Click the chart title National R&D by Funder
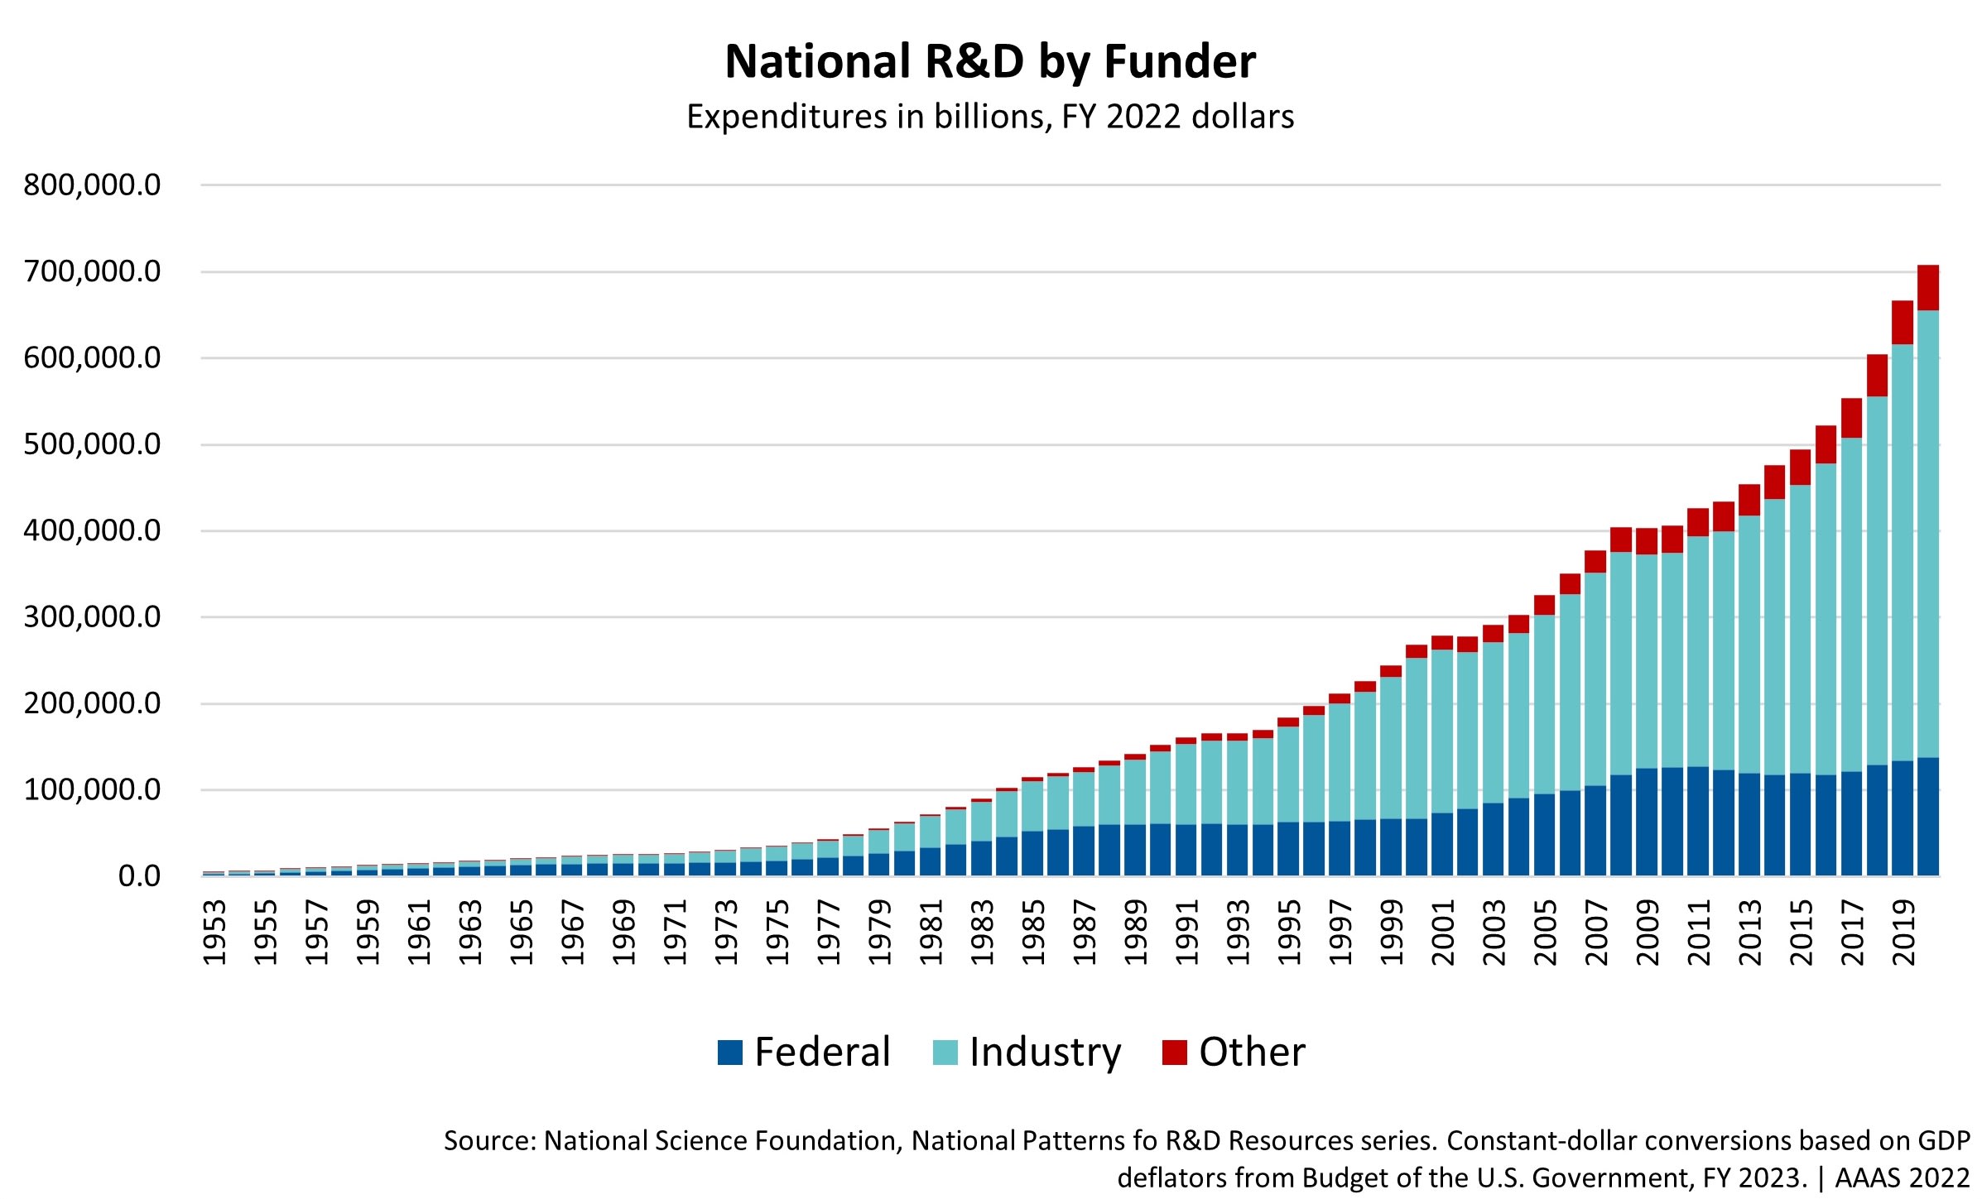(x=990, y=61)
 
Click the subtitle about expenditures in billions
(x=990, y=117)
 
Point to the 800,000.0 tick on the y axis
(x=92, y=185)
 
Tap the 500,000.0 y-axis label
(x=92, y=444)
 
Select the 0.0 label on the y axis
(x=139, y=876)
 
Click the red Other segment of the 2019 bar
(x=1903, y=323)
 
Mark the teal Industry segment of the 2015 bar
(x=1801, y=629)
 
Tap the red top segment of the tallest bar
(x=1928, y=288)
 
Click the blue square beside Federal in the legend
(x=729, y=1053)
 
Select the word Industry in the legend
(x=1045, y=1053)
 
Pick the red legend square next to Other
(x=1174, y=1053)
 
